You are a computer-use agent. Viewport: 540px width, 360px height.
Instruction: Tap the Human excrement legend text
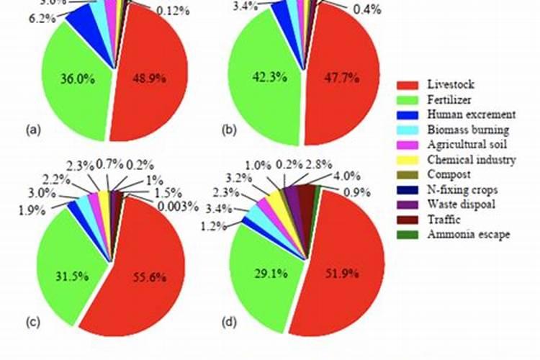click(470, 114)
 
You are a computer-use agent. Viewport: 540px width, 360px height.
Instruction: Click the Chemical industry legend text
click(471, 160)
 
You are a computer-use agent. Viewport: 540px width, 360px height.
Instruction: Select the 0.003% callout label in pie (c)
click(176, 207)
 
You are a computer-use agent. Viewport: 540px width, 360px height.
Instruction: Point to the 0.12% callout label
click(173, 10)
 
